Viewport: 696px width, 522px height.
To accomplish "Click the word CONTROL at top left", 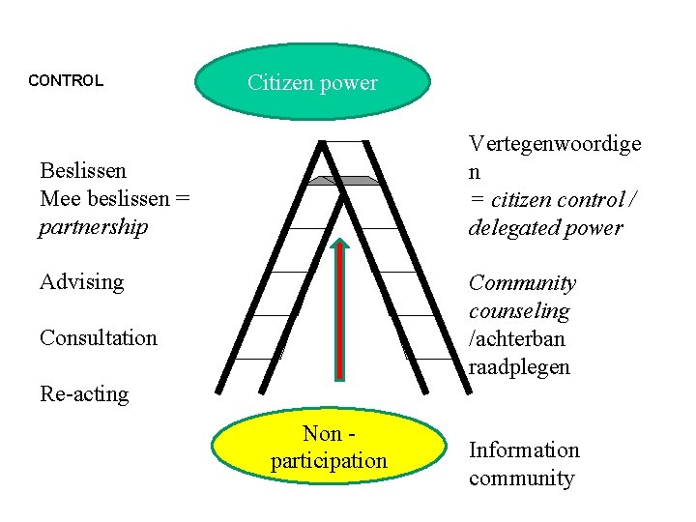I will [x=66, y=80].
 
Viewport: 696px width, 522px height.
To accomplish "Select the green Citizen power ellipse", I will [x=312, y=81].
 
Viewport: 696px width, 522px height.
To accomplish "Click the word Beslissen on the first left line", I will [x=82, y=170].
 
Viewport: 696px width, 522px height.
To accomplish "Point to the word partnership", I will [x=94, y=227].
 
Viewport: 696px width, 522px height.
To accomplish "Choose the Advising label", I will [x=82, y=282].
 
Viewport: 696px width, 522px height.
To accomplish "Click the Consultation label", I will [x=98, y=337].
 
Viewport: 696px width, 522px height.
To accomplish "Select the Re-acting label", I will [x=84, y=393].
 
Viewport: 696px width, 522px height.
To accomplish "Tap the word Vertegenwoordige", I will [x=555, y=144].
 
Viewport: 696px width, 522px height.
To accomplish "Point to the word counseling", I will [x=519, y=311].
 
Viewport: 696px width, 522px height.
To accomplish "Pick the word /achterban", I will [x=517, y=339].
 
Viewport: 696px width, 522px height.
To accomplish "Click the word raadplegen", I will [x=519, y=367].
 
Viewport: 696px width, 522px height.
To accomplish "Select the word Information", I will [x=524, y=450].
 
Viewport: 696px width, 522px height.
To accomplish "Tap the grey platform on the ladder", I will [x=342, y=180].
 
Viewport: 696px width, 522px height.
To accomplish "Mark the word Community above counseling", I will [x=522, y=283].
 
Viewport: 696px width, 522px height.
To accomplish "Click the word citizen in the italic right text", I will [x=517, y=200].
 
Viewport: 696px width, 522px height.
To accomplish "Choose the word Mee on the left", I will [x=57, y=199].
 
